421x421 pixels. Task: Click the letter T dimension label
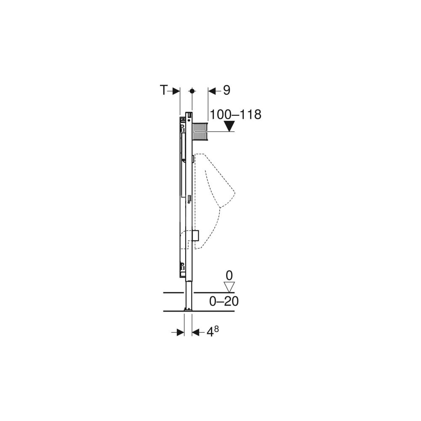pyautogui.click(x=164, y=90)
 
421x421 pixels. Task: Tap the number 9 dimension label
pyautogui.click(x=226, y=90)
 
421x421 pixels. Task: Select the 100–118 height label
pyautogui.click(x=235, y=115)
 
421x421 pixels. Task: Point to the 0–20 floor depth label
pyautogui.click(x=224, y=301)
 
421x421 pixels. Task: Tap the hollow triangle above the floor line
pyautogui.click(x=229, y=287)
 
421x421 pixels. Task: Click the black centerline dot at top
pyautogui.click(x=192, y=91)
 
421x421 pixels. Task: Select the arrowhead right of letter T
pyautogui.click(x=176, y=91)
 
